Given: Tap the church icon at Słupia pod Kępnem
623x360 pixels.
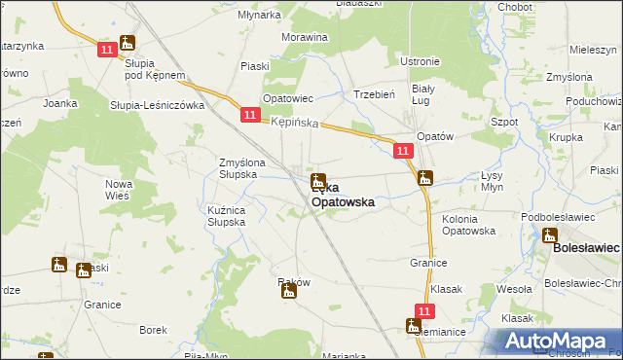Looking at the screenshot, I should click(127, 43).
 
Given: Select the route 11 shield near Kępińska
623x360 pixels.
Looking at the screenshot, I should click(250, 116).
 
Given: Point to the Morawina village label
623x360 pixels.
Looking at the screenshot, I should click(304, 36).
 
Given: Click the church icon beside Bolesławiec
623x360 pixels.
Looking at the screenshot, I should click(550, 234).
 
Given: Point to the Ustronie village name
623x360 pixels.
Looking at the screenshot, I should click(421, 61).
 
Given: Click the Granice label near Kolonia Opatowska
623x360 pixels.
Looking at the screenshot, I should click(427, 263).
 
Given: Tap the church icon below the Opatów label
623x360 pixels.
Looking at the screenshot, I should click(424, 177).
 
